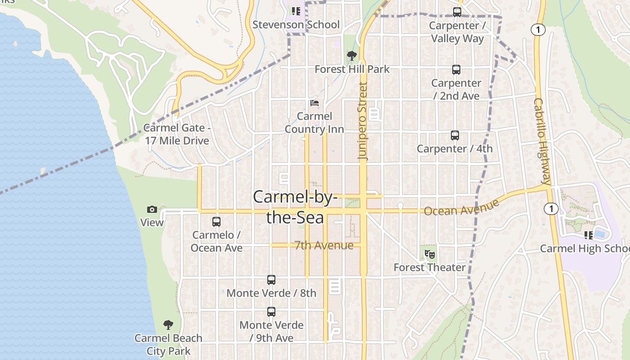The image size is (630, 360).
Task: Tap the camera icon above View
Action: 152,209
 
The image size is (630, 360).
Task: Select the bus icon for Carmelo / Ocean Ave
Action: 216,222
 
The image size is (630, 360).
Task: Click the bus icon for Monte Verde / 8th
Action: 271,280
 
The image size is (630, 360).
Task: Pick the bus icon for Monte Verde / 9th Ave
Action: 271,312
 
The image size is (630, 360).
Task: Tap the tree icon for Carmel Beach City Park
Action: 168,325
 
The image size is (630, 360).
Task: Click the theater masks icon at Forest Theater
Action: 430,254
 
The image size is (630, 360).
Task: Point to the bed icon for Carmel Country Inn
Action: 315,103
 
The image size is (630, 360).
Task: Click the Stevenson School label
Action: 296,24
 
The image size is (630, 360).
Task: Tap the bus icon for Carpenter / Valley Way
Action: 457,12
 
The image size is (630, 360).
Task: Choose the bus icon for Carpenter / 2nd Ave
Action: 456,70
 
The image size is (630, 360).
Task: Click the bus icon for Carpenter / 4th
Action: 455,135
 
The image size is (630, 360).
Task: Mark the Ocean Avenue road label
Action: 462,208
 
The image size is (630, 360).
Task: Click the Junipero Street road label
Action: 363,121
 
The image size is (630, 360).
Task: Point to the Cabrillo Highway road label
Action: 542,141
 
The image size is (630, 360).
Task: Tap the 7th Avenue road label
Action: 324,245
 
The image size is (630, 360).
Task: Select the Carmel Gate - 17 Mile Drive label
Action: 177,134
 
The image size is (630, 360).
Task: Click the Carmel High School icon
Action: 589,235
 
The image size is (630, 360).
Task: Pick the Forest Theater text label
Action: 430,267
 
